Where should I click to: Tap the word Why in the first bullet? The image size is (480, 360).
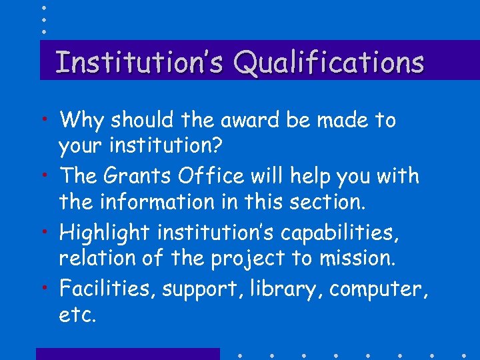coord(82,121)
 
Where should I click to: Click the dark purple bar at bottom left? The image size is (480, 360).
coord(127,353)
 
